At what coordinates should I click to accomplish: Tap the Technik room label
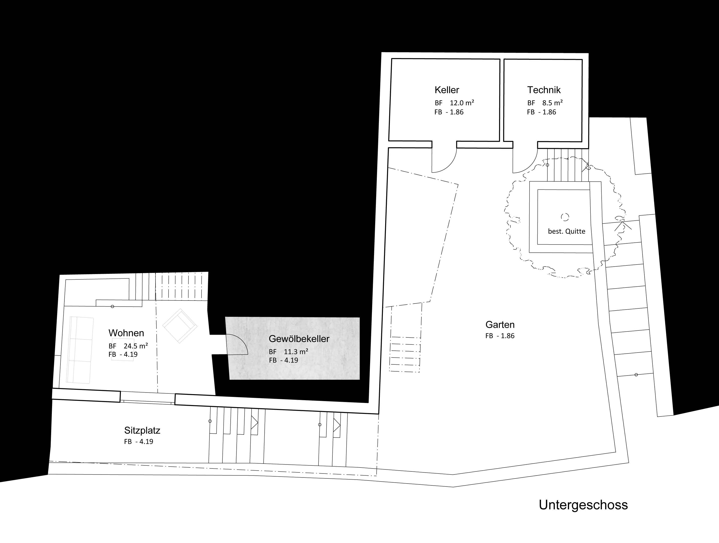tap(544, 90)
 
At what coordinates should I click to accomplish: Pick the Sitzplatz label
tap(142, 430)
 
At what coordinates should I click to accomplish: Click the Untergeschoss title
tap(583, 505)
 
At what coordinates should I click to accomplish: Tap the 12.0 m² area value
tap(462, 103)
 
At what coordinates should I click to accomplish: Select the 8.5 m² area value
tap(552, 103)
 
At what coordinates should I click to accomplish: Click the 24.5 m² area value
tap(136, 346)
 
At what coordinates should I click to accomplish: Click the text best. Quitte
tap(566, 232)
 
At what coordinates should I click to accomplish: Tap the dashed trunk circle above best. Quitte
tap(565, 217)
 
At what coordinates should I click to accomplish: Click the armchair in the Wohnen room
tap(180, 326)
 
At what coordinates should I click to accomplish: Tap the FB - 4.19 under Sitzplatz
tap(139, 442)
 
